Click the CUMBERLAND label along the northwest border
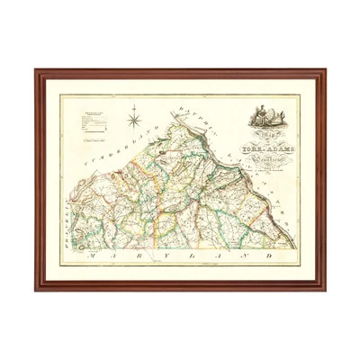(118, 158)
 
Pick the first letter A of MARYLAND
(112, 256)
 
